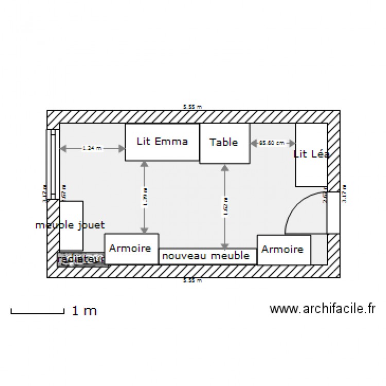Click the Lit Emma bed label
162,141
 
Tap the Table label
224,143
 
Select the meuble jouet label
71,225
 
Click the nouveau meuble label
205,256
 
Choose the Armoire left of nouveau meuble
131,249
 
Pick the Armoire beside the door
282,250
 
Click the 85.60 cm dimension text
272,143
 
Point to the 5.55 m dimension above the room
192,107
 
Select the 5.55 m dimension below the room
192,280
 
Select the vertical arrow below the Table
224,206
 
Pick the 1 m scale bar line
37,311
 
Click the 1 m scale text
84,310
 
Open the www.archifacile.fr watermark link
322,309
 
